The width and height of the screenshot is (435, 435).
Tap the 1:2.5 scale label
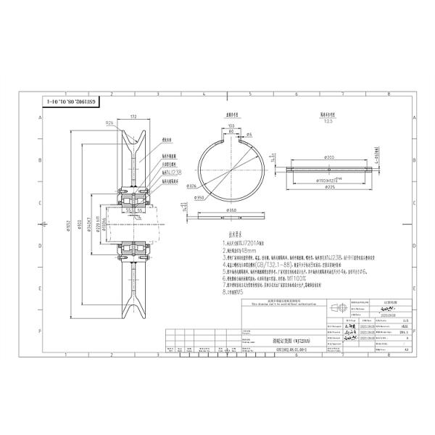pos(331,121)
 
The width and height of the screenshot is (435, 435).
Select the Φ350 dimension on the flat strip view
pos(232,210)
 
